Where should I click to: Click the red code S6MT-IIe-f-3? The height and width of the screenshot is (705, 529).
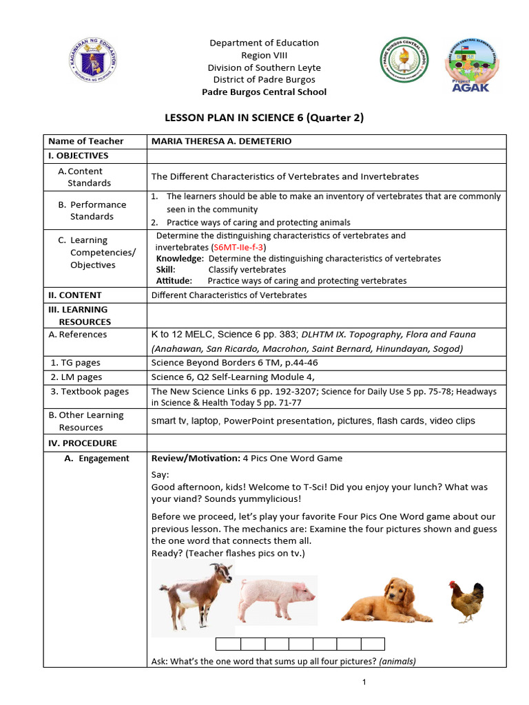click(x=239, y=247)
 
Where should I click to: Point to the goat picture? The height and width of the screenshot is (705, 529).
click(x=194, y=594)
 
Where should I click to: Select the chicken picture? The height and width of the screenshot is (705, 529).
click(x=466, y=601)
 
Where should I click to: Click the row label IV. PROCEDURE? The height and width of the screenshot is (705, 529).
click(x=83, y=443)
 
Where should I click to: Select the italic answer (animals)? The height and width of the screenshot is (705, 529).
click(x=397, y=661)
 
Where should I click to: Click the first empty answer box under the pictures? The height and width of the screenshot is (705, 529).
click(x=228, y=644)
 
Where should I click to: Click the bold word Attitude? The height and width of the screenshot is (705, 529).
click(x=175, y=280)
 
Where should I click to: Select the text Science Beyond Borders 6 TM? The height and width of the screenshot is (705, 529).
click(x=216, y=362)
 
